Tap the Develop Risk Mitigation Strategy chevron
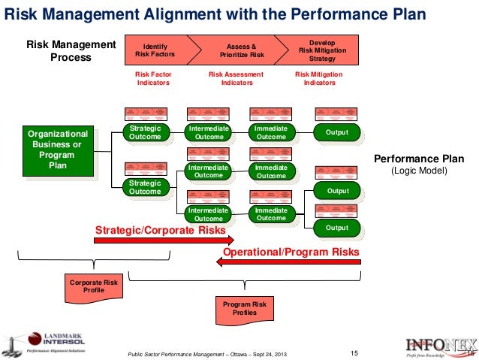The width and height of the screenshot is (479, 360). [323, 49]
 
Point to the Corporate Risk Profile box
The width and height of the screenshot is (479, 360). [88, 286]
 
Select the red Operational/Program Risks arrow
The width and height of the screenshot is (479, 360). [290, 261]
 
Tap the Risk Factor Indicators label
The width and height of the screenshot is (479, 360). [153, 78]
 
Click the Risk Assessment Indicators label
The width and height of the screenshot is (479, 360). [236, 78]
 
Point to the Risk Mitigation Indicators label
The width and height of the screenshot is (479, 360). [318, 78]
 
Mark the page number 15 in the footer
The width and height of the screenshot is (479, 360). [356, 352]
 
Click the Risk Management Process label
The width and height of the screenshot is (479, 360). [71, 51]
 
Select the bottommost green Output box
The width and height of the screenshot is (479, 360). [337, 228]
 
